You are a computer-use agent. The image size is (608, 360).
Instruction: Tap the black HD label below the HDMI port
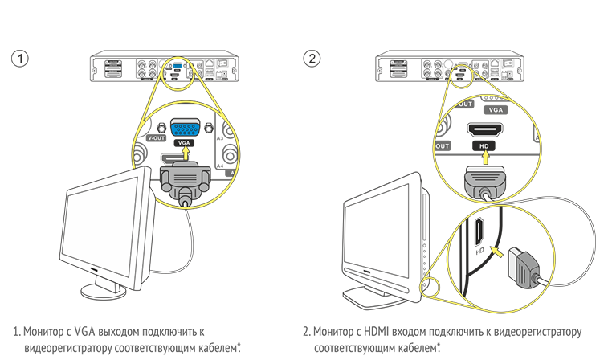pos(483,147)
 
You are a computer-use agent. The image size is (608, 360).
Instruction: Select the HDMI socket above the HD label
pos(483,129)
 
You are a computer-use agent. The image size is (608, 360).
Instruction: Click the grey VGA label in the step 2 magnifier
pos(496,108)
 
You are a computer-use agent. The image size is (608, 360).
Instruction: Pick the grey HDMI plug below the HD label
pos(482,178)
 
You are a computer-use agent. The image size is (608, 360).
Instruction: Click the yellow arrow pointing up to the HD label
pos(482,160)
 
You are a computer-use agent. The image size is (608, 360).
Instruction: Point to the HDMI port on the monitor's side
pos(479,232)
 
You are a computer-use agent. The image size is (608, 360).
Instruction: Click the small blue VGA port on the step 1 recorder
pos(177,67)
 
